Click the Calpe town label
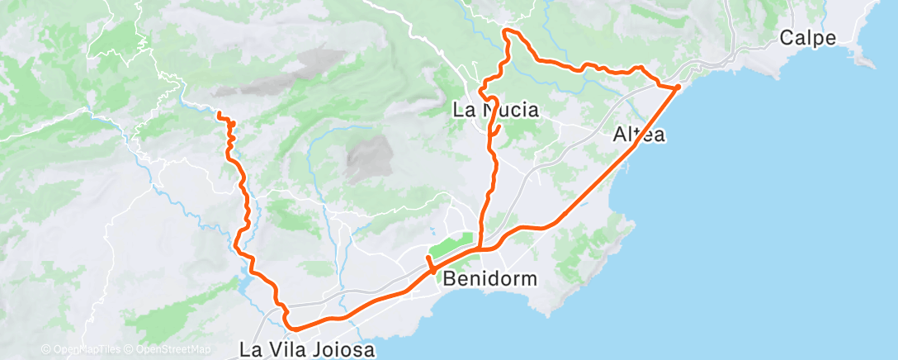coord(807,38)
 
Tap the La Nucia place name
coord(496,109)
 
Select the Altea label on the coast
coord(640,135)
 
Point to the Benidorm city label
coord(489,278)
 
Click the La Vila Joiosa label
coord(307,349)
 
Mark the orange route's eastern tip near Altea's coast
coord(678,86)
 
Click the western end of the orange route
coord(219,113)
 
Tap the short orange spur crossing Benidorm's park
coord(430,265)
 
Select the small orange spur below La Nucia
coord(497,132)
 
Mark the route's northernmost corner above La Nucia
coord(506,31)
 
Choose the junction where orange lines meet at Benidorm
coord(480,247)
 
